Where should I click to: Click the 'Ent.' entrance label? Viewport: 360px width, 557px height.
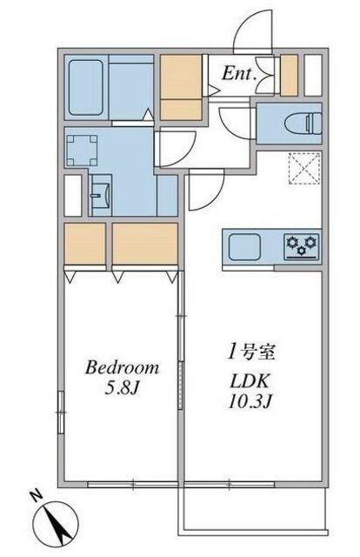point(239,73)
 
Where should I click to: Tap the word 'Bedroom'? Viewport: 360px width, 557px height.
point(122,367)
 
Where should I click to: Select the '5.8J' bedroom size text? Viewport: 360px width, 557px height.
point(121,389)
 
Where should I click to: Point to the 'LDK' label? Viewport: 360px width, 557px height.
point(250,381)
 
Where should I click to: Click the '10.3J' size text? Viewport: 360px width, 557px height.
point(250,401)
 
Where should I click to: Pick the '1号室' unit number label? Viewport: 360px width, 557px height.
point(251,352)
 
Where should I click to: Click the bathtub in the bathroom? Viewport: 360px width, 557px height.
point(85,87)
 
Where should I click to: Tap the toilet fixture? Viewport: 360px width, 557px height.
point(303,124)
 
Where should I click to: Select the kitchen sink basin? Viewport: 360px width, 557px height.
point(244,247)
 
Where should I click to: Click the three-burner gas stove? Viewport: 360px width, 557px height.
point(302,246)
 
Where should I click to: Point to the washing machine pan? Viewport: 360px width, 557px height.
point(82,151)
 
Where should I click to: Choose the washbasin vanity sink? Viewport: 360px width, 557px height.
point(101,195)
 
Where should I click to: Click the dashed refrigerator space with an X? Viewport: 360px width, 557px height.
point(305,168)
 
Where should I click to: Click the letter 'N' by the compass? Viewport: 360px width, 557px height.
point(35,495)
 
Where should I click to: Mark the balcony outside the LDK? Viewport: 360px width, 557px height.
point(252,511)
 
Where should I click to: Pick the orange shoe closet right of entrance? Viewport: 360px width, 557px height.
point(289,76)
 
